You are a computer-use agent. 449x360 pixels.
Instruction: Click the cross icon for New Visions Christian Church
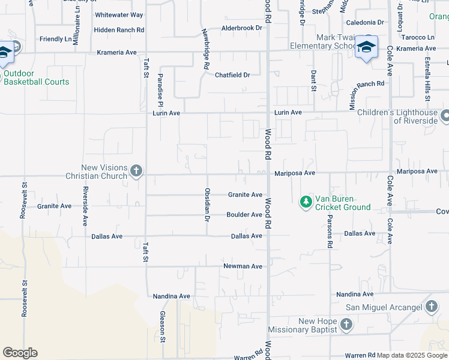(136, 171)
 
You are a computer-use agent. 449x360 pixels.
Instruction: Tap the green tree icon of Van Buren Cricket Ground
(306, 200)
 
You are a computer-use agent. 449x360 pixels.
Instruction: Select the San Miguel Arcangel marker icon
(431, 307)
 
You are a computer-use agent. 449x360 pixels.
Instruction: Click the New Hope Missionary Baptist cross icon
(346, 325)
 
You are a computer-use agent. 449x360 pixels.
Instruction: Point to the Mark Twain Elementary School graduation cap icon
(366, 47)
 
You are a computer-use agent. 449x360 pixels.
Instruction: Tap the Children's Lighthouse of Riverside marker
(445, 115)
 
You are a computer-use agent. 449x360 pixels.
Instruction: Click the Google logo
(20, 353)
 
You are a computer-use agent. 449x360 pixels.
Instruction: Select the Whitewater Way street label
(119, 14)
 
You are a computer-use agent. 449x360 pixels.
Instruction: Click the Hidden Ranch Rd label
(119, 29)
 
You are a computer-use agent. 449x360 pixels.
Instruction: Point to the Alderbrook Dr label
(242, 28)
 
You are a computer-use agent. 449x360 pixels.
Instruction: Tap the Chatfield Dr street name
(232, 75)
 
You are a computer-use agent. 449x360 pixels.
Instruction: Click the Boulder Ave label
(244, 215)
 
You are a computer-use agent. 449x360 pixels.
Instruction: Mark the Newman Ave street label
(243, 266)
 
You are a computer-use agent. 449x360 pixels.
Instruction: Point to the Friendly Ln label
(55, 39)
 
